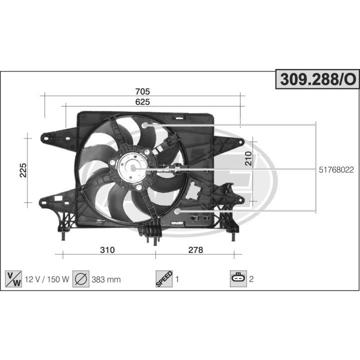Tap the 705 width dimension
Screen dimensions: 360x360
pyautogui.click(x=142, y=91)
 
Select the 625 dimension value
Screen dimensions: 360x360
pyautogui.click(x=142, y=101)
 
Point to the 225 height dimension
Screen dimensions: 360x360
pyautogui.click(x=22, y=170)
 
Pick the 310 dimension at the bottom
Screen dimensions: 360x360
pyautogui.click(x=107, y=250)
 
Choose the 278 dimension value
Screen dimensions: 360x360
pyautogui.click(x=196, y=250)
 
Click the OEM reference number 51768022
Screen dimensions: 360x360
pyautogui.click(x=336, y=170)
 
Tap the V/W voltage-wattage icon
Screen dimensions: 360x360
pyautogui.click(x=13, y=279)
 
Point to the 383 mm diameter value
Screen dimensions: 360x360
pyautogui.click(x=106, y=279)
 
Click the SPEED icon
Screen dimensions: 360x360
pyautogui.click(x=164, y=279)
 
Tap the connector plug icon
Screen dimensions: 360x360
pyautogui.click(x=238, y=279)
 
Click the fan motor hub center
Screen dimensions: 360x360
pyautogui.click(x=133, y=169)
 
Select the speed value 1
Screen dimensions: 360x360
pyautogui.click(x=177, y=279)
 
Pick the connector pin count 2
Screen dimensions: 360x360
pyautogui.click(x=251, y=279)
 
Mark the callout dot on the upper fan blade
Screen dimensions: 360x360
pyautogui.click(x=145, y=124)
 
